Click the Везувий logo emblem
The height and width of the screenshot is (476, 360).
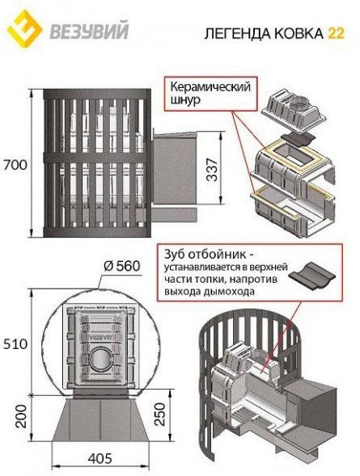pyautogui.click(x=24, y=30)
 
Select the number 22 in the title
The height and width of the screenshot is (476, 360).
pyautogui.click(x=334, y=32)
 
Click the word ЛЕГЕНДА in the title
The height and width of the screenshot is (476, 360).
pyautogui.click(x=240, y=32)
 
